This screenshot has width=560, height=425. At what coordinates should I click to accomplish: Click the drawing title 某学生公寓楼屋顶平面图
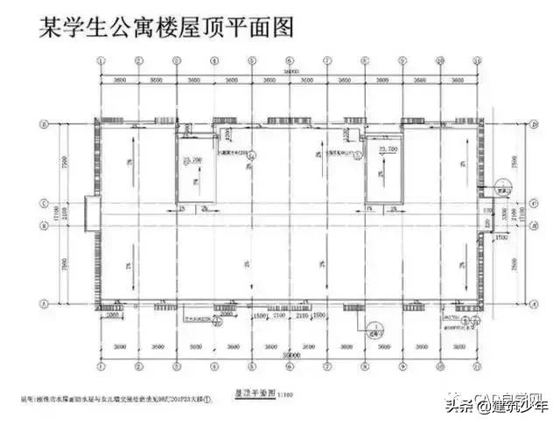point(167,26)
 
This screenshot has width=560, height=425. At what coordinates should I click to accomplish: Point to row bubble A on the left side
point(44,303)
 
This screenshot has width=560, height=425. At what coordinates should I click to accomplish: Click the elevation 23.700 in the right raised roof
point(385,150)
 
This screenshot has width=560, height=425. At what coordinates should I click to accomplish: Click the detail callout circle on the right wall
point(502,186)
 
